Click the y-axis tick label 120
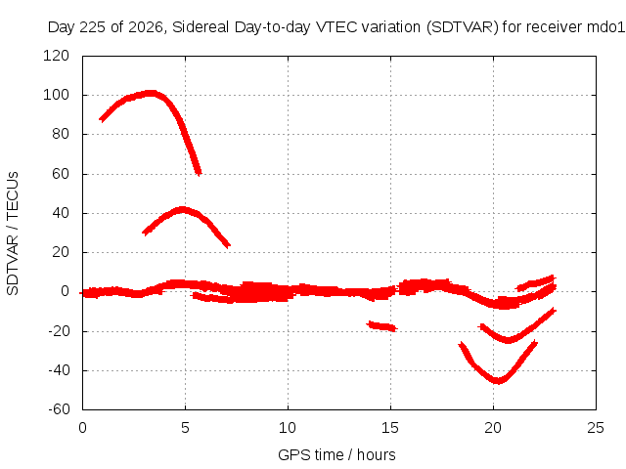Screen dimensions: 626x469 tap(56, 56)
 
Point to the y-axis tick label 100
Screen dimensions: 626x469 tap(56, 95)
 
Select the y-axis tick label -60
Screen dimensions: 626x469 tap(59, 409)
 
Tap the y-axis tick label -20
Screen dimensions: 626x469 tap(59, 330)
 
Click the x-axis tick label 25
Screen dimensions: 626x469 tap(596, 428)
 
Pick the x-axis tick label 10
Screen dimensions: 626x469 tap(288, 428)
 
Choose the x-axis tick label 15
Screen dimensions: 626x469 tap(390, 428)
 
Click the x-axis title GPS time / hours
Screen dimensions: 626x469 tap(336, 454)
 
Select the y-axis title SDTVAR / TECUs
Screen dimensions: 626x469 tap(13, 234)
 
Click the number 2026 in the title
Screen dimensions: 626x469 tap(146, 27)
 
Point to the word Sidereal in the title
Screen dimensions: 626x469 tap(201, 27)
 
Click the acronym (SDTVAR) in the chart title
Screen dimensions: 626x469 tap(463, 27)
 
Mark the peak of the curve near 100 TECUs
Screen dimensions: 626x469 tap(150, 94)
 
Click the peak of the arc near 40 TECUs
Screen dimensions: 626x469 tap(183, 210)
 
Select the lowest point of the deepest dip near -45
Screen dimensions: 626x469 tap(498, 381)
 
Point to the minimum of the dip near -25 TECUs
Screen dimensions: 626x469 tap(508, 340)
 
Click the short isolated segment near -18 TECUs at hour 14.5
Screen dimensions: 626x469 tap(381, 326)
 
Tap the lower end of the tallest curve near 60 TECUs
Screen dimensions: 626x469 tap(199, 173)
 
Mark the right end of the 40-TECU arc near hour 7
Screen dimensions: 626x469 tap(228, 245)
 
